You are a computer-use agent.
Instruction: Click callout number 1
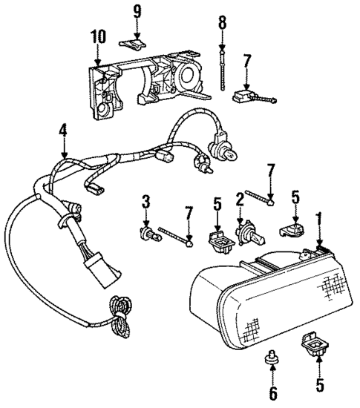coord(321,219)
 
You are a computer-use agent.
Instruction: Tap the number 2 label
coord(240,198)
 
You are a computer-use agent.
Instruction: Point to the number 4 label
coord(64,131)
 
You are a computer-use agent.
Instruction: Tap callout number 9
coord(137,10)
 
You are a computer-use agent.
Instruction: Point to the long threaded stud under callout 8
coord(222,67)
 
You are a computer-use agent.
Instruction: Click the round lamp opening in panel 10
coord(186,78)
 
